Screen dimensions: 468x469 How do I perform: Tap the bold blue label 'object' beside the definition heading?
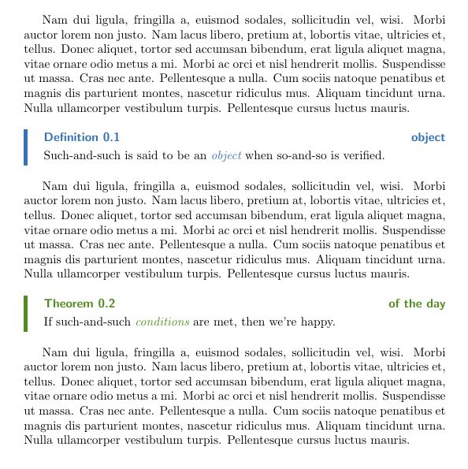pos(428,138)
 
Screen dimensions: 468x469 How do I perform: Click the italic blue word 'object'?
pos(226,155)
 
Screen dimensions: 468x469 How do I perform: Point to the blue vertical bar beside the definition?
pos(26,147)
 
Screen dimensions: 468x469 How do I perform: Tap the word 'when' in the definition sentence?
pos(258,155)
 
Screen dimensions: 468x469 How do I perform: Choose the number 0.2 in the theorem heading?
pos(106,304)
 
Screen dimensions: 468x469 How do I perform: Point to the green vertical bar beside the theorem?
pos(26,313)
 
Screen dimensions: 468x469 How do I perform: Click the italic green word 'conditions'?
pos(162,322)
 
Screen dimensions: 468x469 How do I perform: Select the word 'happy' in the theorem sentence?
pos(318,322)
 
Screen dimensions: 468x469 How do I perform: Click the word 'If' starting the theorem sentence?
pos(48,322)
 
